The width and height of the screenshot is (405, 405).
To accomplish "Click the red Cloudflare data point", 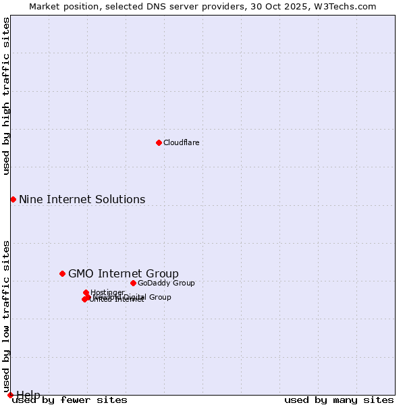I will [159, 142].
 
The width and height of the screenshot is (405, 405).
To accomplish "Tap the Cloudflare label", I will [181, 142].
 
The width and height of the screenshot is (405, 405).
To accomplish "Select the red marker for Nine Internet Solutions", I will [13, 199].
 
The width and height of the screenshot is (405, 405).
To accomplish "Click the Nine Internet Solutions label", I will [82, 199].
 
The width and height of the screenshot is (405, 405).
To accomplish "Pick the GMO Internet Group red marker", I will [62, 273].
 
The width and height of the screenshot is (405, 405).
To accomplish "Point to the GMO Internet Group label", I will [124, 273].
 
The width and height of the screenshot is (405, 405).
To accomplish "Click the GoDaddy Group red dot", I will [133, 283].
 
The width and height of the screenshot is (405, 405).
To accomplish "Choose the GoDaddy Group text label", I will [166, 283].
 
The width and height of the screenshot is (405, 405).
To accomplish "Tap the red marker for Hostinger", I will [86, 292].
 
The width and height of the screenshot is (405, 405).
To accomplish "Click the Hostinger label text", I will [108, 292].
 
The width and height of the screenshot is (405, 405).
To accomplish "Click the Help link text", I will [28, 395].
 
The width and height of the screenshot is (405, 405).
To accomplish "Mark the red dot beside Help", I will [9, 395].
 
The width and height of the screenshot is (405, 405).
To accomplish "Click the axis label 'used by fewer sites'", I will [70, 400].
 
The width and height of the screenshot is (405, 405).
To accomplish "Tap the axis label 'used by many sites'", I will [339, 400].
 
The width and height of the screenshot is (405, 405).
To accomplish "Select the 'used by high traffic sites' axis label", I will [7, 96].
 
